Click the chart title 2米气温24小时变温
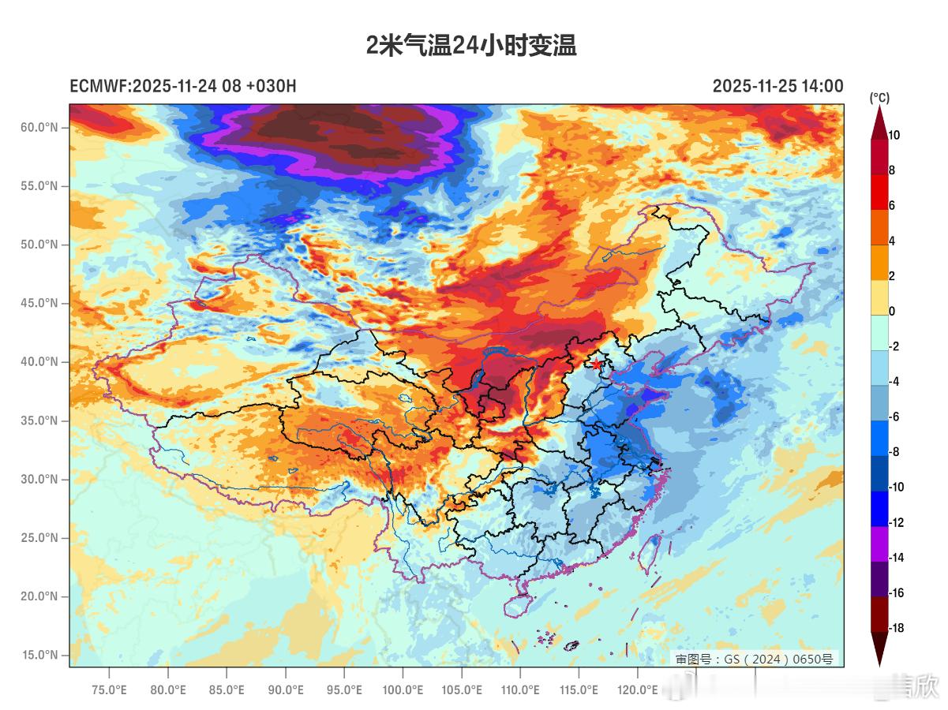[x=471, y=46]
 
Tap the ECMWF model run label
[x=183, y=86]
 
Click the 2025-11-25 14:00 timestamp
[x=778, y=86]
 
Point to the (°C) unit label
[x=879, y=98]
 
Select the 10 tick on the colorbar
[x=894, y=135]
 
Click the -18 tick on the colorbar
[x=896, y=628]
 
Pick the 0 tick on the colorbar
[x=891, y=311]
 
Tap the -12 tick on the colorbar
[x=896, y=522]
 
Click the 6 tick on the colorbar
[x=891, y=205]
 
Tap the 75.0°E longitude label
[x=109, y=690]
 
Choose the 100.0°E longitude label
[x=403, y=690]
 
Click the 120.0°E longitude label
[x=638, y=690]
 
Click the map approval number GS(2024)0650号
[x=754, y=659]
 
